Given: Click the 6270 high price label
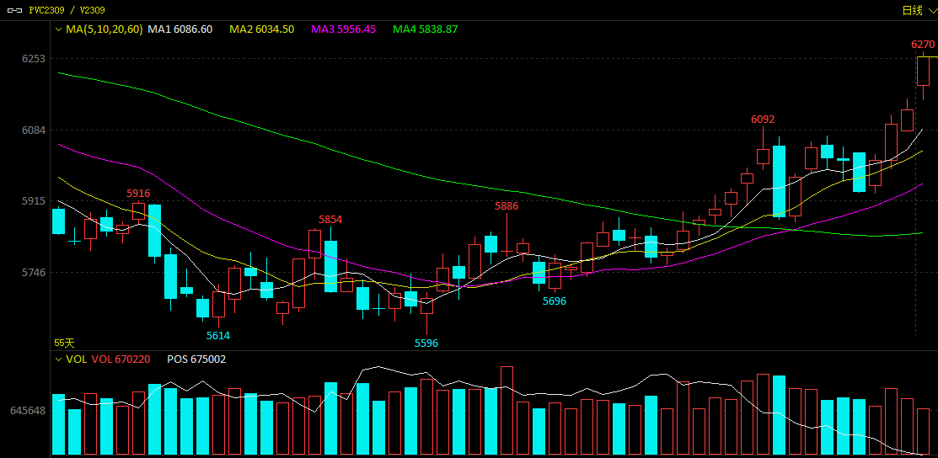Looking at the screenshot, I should (923, 45).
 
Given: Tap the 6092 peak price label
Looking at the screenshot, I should (763, 120).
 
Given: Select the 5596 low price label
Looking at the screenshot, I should (426, 343).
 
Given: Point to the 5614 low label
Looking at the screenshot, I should (218, 336).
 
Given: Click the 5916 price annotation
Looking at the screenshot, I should (138, 194).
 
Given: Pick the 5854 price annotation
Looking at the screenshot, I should (330, 220).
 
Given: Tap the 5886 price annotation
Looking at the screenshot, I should (507, 206).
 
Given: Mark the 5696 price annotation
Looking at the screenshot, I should (555, 301).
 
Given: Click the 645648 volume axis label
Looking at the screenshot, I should (28, 411).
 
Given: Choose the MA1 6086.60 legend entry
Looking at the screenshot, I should (180, 29).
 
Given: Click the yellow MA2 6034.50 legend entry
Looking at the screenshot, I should (262, 29).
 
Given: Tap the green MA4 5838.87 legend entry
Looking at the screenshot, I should (426, 29).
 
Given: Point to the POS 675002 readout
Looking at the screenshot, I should (196, 359).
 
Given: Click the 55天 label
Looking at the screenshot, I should (64, 343).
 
